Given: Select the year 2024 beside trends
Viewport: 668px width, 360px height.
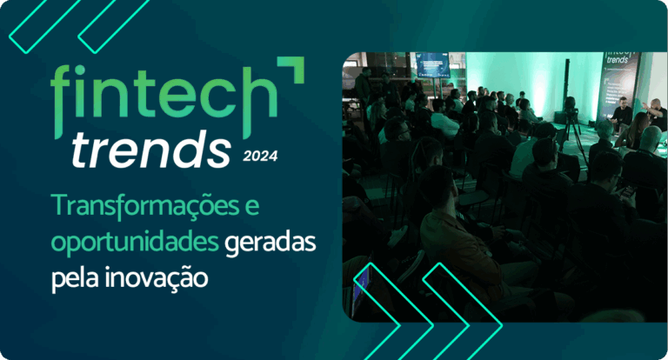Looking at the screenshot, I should click(260, 157).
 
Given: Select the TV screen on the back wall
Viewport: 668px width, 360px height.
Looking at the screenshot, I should click(432, 66).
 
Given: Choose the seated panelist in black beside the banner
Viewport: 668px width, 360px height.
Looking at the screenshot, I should click(622, 112).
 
